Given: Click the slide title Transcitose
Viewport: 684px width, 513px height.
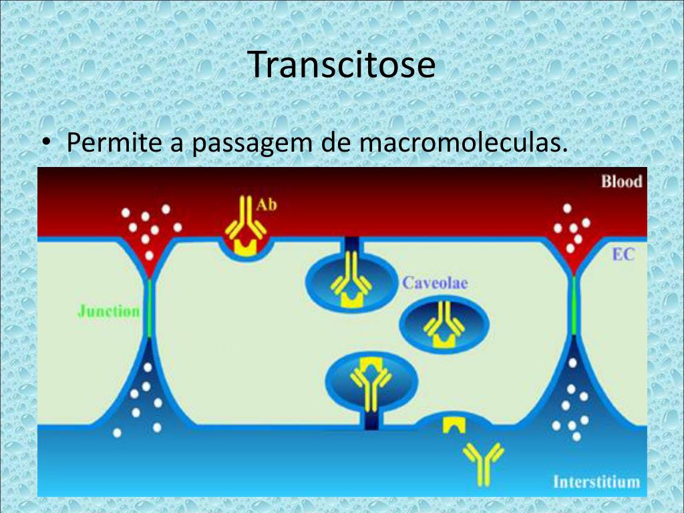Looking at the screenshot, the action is coord(342,65).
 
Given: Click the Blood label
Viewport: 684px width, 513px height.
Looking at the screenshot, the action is coord(621,181).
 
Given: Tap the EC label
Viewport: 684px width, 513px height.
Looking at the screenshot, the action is coord(623,254).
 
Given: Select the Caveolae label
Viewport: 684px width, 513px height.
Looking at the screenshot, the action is coord(434,283).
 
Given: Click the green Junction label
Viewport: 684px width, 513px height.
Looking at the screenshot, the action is coord(108,311).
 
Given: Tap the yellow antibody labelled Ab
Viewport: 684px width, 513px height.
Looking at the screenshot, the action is coord(244,220).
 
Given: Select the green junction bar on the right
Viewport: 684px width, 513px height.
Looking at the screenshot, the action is coord(574,305).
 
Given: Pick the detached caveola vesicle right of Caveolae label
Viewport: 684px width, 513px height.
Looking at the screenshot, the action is coord(444,323).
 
